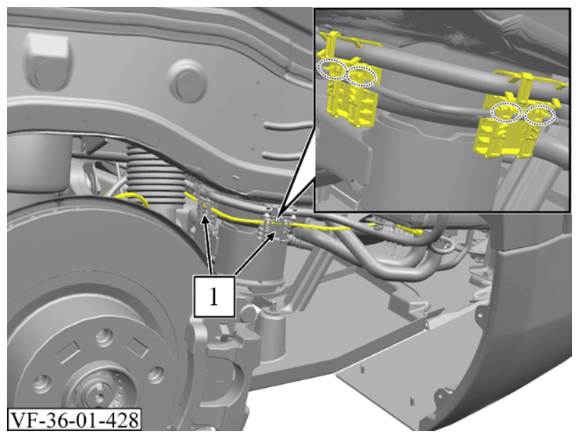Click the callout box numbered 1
point(214,296)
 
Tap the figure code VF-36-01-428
point(74,419)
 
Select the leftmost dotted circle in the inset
point(332,68)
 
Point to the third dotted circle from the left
point(506,112)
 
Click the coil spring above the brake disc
point(156,173)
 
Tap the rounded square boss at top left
point(47,61)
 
